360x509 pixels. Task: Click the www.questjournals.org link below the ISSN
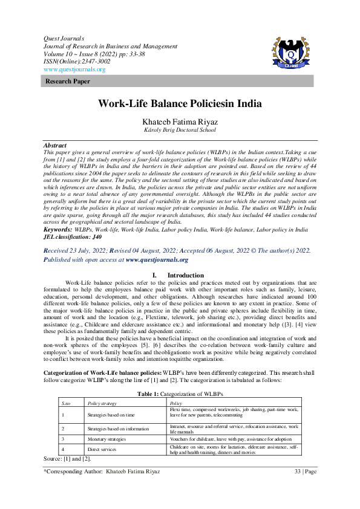click(x=74, y=70)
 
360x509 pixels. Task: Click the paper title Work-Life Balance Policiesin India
click(x=180, y=103)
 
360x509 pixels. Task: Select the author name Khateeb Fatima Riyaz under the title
click(x=179, y=122)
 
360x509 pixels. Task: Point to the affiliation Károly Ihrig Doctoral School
click(x=180, y=130)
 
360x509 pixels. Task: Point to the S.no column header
click(x=67, y=403)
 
